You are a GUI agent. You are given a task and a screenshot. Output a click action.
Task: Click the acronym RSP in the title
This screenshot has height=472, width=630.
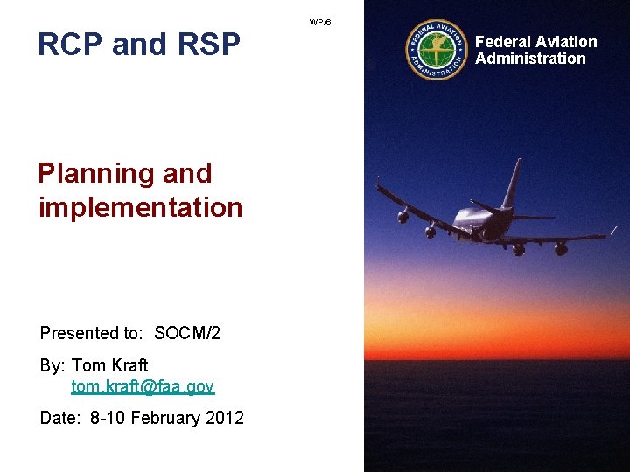pyautogui.click(x=207, y=44)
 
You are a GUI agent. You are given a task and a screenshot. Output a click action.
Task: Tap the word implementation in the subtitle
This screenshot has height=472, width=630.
pyautogui.click(x=140, y=208)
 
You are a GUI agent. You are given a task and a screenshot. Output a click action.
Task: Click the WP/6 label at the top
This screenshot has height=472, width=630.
pyautogui.click(x=320, y=22)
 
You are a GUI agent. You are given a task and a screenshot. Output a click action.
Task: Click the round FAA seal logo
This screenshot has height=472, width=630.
pyautogui.click(x=437, y=50)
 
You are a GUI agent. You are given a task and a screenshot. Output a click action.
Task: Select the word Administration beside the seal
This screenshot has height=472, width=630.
pyautogui.click(x=530, y=59)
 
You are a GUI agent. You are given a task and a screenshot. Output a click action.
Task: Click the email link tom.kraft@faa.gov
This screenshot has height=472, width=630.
pyautogui.click(x=143, y=386)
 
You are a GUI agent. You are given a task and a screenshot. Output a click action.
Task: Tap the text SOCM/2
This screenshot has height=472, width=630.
pyautogui.click(x=187, y=333)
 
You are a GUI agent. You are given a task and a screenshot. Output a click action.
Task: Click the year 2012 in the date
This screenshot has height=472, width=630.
pyautogui.click(x=225, y=418)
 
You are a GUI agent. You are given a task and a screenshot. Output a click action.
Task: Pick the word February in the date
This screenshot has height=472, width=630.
pyautogui.click(x=165, y=418)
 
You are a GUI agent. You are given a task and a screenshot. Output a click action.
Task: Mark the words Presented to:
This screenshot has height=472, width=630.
pyautogui.click(x=94, y=333)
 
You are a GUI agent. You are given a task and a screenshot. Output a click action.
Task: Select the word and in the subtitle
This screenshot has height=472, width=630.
pyautogui.click(x=186, y=174)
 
